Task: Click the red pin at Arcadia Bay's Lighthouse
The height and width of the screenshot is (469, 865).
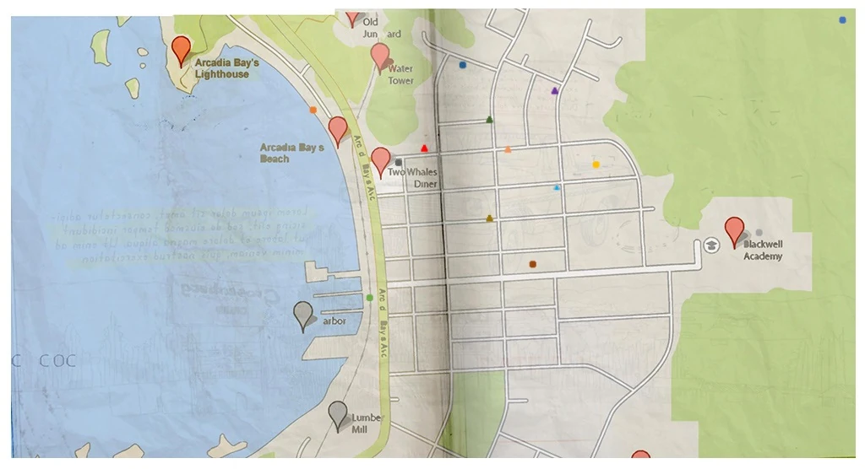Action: point(180,49)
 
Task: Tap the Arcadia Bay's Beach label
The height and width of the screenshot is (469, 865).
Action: point(291,153)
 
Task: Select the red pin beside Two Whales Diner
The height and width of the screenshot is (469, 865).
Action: point(381,159)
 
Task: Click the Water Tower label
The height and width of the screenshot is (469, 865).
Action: point(401,74)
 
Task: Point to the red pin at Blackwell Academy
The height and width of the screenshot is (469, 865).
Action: point(735,229)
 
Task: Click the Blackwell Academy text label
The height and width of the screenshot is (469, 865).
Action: point(763,250)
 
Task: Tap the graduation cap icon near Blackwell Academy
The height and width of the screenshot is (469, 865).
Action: point(711,245)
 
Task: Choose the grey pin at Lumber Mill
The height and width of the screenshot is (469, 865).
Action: point(338,414)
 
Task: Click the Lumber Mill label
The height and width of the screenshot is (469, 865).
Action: point(367,423)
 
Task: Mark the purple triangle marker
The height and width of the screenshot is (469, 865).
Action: point(554,90)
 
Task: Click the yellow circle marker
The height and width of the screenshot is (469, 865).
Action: point(596,164)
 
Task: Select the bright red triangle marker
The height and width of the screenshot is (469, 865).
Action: point(424,148)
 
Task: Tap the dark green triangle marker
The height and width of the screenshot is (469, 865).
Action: point(489,120)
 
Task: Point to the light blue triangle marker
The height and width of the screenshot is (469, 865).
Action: point(556,187)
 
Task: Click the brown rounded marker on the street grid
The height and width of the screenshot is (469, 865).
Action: point(533,264)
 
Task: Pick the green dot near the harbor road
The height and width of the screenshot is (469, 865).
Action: point(370,297)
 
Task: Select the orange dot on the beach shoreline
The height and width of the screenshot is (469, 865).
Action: point(313,110)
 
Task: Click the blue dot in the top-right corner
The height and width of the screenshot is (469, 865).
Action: point(842,19)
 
